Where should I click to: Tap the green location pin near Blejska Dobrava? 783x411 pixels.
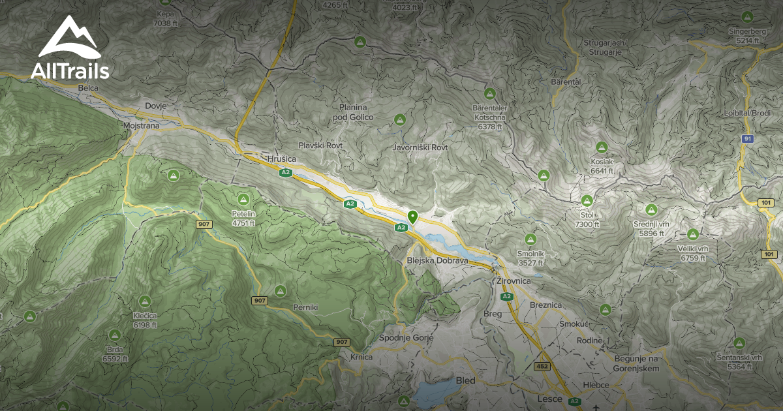tap(412, 217)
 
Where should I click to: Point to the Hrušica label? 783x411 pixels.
tap(282, 159)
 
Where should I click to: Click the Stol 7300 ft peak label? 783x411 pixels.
tap(587, 220)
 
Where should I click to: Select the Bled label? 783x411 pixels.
tap(466, 380)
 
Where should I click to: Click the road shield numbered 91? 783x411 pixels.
tap(747, 139)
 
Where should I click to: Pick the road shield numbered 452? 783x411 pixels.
tap(542, 366)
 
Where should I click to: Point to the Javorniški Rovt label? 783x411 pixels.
tap(420, 148)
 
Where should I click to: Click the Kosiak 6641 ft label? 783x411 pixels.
tap(602, 166)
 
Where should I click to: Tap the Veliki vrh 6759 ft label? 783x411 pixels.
tap(693, 253)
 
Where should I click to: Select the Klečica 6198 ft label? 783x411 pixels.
tap(144, 320)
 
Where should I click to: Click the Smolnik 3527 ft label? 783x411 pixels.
tap(530, 258)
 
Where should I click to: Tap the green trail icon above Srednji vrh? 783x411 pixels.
tap(651, 210)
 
